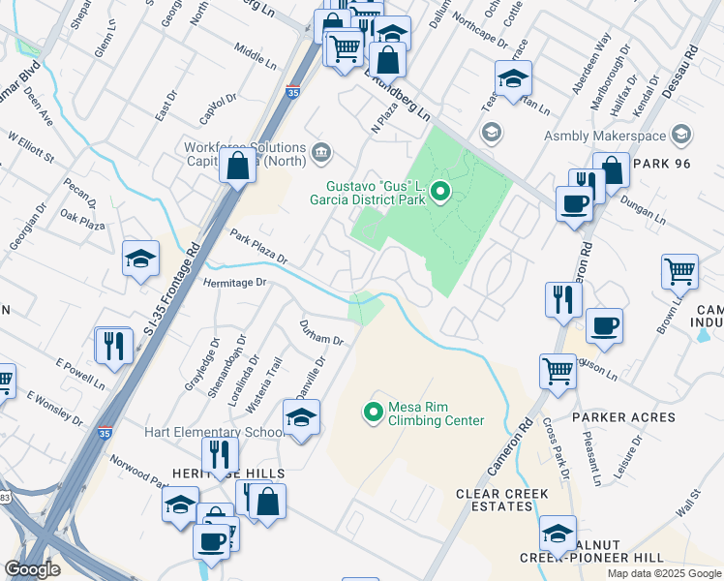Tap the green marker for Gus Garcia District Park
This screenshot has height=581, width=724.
[440, 192]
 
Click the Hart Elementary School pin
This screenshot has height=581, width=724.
[301, 417]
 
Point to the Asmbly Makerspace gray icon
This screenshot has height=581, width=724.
[681, 136]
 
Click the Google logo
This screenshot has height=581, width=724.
[33, 569]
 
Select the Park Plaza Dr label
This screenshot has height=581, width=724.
[258, 247]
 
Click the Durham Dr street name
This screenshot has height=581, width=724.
[321, 334]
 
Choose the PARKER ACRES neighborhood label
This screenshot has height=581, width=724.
[623, 417]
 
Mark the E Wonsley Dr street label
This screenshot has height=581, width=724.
[55, 410]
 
